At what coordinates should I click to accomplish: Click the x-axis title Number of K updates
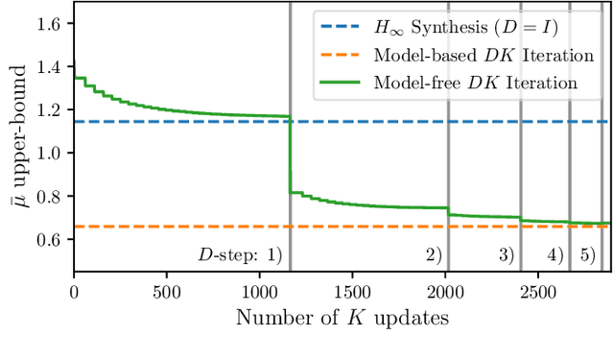(342, 317)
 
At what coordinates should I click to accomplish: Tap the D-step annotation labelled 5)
(587, 255)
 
